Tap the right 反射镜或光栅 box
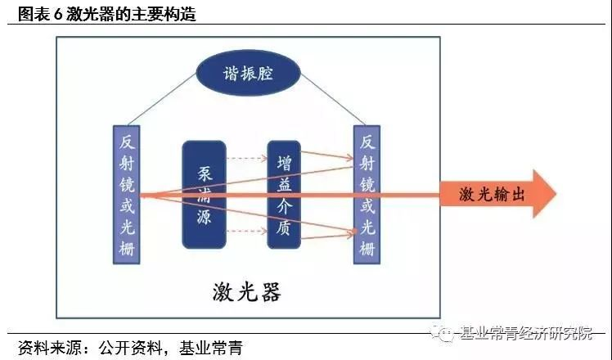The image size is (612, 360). point(366,194)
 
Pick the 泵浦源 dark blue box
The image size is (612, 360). point(204,194)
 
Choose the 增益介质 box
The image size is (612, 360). point(284,194)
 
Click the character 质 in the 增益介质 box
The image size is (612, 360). point(284,229)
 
